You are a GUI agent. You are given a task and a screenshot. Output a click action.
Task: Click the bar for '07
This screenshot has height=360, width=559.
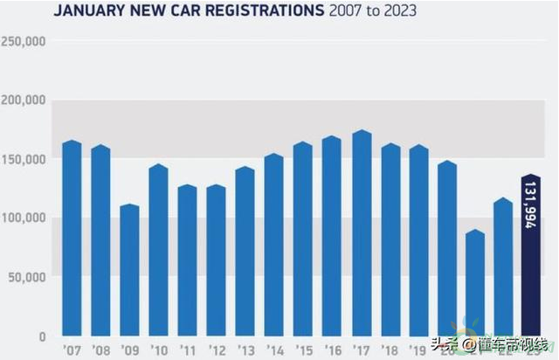point(72,239)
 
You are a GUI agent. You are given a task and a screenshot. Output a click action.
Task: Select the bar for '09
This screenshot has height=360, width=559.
point(129,271)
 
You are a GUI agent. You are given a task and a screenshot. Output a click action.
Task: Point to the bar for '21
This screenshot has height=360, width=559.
point(474,283)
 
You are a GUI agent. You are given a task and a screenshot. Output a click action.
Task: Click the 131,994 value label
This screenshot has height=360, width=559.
point(531,204)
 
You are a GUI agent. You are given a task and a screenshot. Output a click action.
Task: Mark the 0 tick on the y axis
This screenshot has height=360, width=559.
point(41,336)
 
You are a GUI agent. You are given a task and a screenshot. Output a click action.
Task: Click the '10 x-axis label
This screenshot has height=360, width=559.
point(158,351)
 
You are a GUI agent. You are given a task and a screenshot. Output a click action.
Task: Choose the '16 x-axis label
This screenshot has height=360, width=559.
point(331,351)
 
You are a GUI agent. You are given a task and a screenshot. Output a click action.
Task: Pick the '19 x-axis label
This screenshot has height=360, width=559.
point(418,351)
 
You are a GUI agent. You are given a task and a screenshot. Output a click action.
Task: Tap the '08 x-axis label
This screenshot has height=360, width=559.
point(100,351)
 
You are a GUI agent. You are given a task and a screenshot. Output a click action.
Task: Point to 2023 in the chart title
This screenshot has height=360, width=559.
point(398,11)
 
